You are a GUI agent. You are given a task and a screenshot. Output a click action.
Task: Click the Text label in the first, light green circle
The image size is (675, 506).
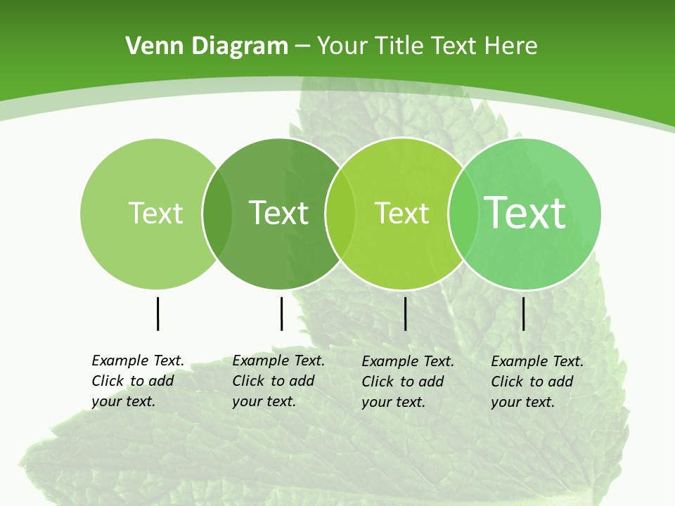coord(155,213)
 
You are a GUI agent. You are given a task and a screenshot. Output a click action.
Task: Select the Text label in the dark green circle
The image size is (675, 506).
coord(279,213)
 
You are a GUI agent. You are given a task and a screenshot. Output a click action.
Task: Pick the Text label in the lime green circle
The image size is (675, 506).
coord(401,213)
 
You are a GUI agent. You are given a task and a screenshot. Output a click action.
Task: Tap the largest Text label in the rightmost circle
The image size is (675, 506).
coord(525,212)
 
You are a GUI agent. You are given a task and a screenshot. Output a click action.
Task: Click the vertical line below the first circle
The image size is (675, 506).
coord(157,313)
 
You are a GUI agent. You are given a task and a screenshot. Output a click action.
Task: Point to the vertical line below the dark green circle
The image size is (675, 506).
coord(281,313)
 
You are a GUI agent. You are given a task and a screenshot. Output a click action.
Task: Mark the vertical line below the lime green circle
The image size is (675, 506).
coord(406,313)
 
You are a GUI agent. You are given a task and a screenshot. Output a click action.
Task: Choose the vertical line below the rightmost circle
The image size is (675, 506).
coord(524,313)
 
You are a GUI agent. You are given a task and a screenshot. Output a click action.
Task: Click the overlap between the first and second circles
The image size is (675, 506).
coord(217,213)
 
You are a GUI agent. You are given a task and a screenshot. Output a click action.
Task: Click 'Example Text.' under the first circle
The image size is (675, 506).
coord(138,361)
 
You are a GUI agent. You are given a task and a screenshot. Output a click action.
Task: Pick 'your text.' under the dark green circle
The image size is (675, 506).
coord(264,401)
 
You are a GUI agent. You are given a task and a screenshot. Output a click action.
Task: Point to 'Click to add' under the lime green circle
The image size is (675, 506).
coord(403,382)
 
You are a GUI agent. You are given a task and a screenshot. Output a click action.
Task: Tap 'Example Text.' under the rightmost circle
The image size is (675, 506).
coord(537,361)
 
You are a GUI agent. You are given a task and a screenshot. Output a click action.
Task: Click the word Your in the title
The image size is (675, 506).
coord(342,46)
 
